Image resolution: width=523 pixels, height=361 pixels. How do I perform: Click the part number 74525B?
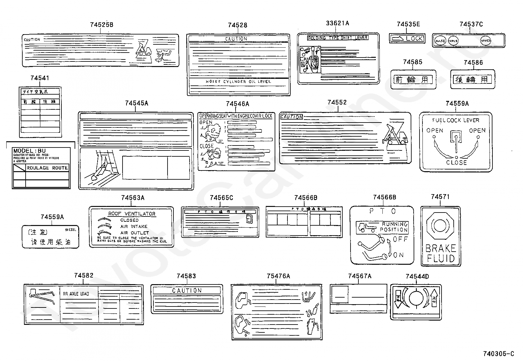click(102, 25)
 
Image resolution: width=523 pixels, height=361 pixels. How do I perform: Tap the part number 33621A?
click(337, 23)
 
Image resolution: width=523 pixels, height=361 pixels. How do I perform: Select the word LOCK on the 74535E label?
click(414, 38)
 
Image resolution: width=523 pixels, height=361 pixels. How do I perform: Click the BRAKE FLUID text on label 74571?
click(441, 253)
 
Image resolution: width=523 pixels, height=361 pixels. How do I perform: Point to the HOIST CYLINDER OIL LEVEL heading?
click(238, 81)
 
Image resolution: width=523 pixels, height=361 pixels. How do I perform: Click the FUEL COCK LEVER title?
click(456, 120)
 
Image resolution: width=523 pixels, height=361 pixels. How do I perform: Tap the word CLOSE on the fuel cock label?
click(456, 162)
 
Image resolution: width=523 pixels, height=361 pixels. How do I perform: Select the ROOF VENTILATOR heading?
click(132, 214)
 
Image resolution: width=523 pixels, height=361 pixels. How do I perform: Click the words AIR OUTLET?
click(134, 233)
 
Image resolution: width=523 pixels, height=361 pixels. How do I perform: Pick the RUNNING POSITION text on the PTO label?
click(394, 227)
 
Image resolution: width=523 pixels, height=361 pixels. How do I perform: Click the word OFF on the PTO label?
click(400, 239)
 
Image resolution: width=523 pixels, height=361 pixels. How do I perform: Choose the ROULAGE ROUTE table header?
click(47, 168)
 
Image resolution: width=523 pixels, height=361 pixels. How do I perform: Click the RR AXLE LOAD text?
click(76, 294)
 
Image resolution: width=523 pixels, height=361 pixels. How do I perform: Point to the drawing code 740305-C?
click(498, 353)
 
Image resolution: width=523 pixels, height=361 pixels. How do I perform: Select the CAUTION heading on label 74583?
click(187, 290)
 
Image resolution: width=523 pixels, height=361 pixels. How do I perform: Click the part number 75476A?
click(278, 276)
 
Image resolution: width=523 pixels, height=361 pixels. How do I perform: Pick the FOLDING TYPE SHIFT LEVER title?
click(338, 38)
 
